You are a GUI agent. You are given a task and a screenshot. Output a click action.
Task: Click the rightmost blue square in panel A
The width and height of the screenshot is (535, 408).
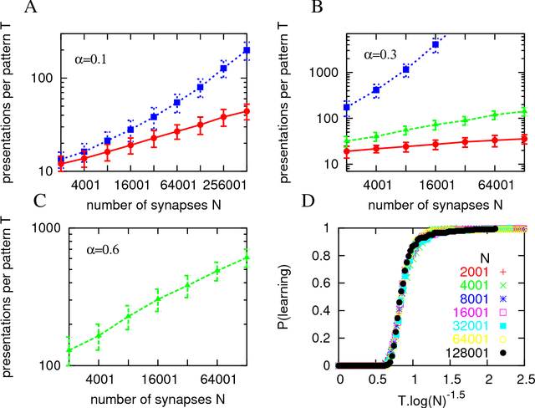[247, 50]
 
